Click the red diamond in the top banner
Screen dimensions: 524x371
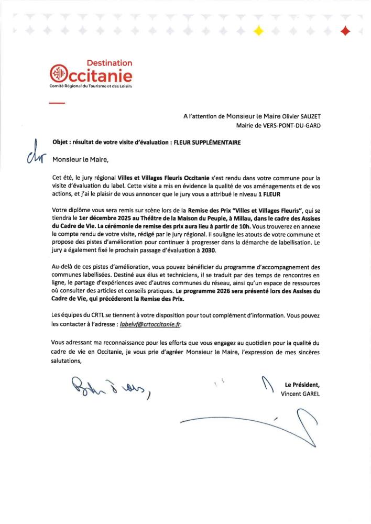(x=345, y=31)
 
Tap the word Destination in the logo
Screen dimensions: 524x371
(x=109, y=63)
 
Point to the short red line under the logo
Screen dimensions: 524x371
(x=56, y=103)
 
